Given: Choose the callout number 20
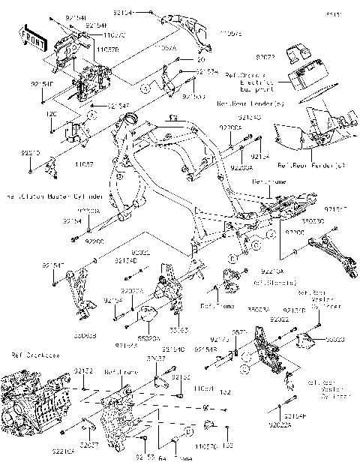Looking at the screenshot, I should tap(200, 58).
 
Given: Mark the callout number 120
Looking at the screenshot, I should tap(51, 113).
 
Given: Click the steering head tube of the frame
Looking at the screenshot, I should tap(133, 121).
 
